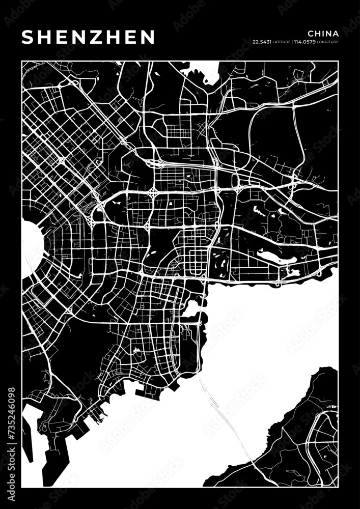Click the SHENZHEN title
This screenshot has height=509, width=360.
pos(88,37)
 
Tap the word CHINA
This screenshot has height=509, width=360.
pos(323,33)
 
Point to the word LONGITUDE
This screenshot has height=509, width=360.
pos(327,41)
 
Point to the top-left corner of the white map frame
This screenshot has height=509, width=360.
pos(22,61)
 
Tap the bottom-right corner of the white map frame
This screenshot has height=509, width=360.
pos(338,488)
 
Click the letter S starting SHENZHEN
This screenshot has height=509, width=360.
pos(28,37)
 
